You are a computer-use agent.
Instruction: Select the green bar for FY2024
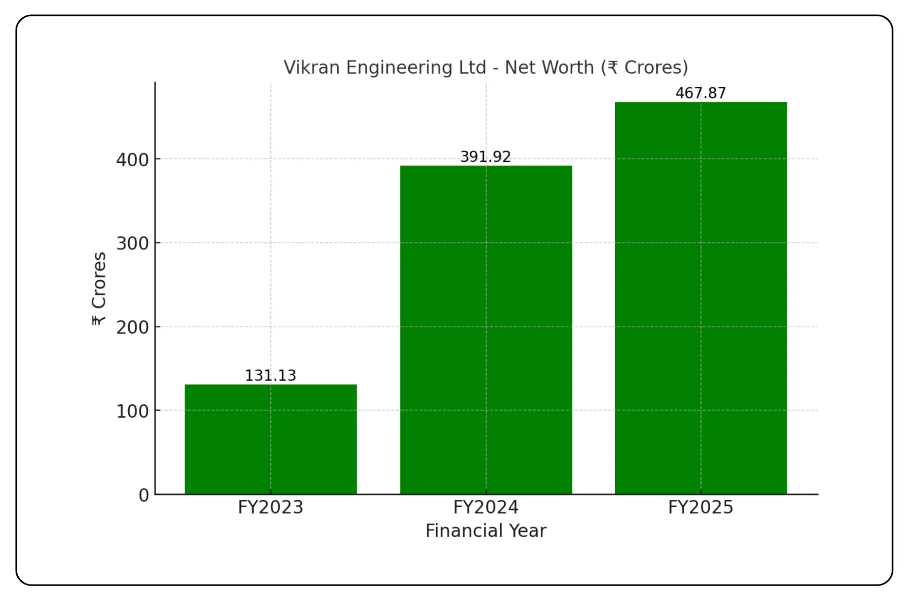[486, 329]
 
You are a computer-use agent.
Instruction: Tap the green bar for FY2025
[701, 297]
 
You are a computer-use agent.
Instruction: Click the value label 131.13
[270, 376]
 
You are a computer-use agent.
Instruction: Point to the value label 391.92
[486, 157]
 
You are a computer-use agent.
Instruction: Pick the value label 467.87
[701, 93]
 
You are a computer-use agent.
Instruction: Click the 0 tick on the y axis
[144, 495]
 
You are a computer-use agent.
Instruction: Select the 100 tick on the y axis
[132, 411]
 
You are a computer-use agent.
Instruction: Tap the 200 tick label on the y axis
[132, 328]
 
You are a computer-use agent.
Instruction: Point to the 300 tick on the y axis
[132, 244]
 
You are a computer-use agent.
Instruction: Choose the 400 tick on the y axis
[132, 160]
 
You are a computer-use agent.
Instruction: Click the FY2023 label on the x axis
[270, 508]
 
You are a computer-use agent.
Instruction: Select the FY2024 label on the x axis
[486, 508]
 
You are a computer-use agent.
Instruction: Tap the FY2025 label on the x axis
[701, 508]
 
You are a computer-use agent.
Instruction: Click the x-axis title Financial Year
[486, 531]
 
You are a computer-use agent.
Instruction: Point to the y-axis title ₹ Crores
[99, 289]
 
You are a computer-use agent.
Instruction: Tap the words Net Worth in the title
[549, 68]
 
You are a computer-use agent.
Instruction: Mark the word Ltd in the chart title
[473, 68]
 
